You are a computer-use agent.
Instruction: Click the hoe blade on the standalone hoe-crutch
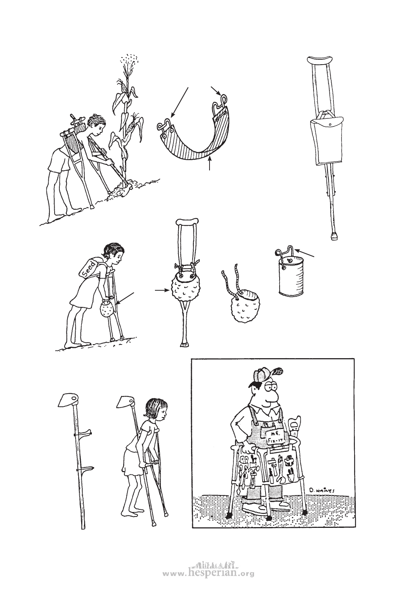pyautogui.click(x=68, y=400)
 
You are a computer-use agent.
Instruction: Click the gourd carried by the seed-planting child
pyautogui.click(x=107, y=310)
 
